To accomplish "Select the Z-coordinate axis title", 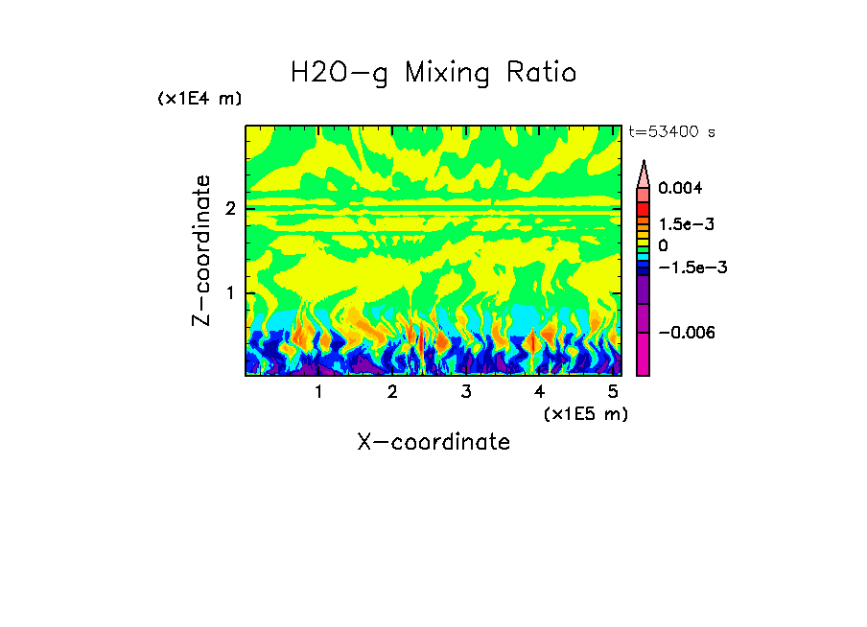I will [201, 250].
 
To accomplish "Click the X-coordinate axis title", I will [433, 442].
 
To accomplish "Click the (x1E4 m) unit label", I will [199, 99].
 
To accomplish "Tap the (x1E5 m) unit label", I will [585, 413].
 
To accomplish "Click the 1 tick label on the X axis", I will [318, 392].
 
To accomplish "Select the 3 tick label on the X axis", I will [465, 392].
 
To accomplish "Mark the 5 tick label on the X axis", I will [612, 392].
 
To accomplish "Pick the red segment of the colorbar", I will [644, 209].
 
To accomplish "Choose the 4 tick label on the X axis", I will [539, 392].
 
